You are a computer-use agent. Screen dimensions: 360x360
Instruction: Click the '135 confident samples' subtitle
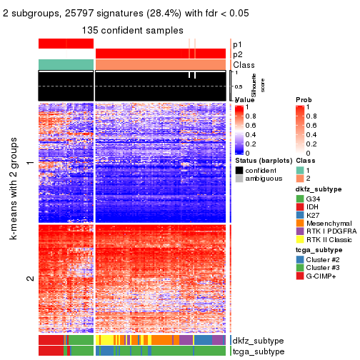click(x=131, y=30)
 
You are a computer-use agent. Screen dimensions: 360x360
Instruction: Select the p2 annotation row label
click(x=238, y=54)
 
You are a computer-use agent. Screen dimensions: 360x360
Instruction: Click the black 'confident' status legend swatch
click(x=239, y=170)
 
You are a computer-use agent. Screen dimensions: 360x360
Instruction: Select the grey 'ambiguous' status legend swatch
click(x=239, y=179)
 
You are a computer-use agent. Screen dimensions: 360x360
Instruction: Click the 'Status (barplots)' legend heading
click(x=264, y=161)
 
